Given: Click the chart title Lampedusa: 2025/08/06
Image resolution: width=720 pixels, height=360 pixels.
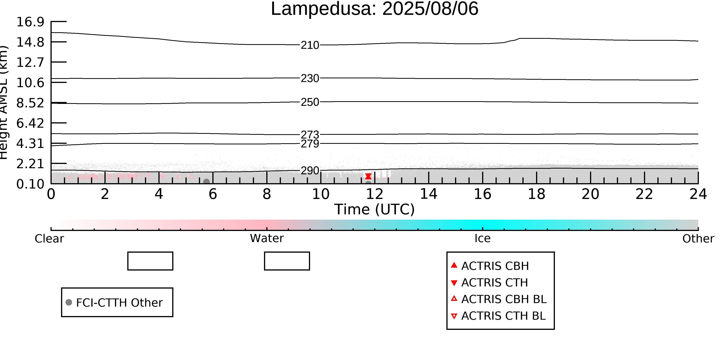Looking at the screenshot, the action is pos(375,9).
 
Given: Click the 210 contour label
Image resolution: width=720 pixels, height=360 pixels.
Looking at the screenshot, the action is pos(310,45).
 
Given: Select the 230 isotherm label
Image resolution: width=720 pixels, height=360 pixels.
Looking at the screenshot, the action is pos(310,78).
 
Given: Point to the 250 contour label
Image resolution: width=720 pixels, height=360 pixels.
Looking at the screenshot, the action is pos(310,102).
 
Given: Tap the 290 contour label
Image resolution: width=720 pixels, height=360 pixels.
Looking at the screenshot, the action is pos(310,170).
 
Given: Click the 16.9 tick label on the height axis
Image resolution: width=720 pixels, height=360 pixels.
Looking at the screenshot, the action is pos(30,22).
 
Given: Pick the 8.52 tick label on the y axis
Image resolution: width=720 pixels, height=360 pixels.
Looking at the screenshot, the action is pos(30,103).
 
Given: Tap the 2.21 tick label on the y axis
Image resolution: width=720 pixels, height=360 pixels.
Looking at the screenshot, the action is pos(30,164).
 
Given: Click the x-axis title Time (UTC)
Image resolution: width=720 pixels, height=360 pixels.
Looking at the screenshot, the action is pos(375,209).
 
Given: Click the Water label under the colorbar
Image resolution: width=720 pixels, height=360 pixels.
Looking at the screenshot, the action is pos(267,238).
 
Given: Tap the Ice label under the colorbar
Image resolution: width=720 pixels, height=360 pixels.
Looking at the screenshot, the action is pos(482,238).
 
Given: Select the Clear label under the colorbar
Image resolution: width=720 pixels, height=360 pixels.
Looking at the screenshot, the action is pos(49,239).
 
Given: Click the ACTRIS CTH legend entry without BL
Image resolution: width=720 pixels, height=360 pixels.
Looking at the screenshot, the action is pos(489,283).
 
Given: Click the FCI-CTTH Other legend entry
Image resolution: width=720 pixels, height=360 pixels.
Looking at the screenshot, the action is pos(114,302).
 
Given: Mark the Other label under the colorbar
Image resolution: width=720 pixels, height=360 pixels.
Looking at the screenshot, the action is pos(698,239).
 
